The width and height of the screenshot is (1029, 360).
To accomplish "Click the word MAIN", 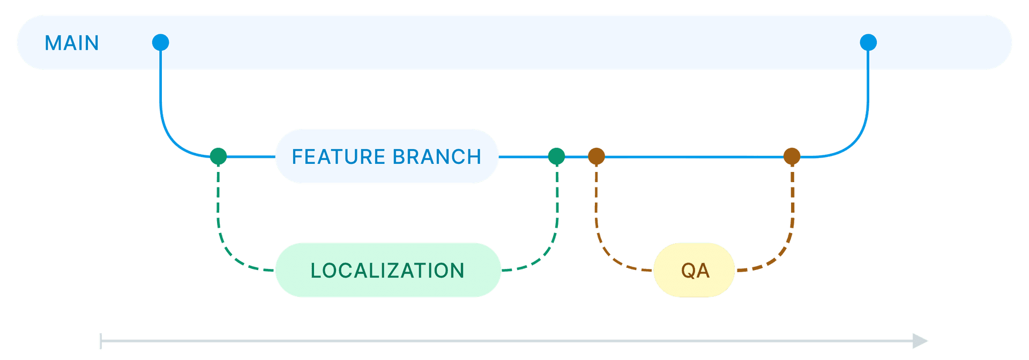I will tap(72, 43).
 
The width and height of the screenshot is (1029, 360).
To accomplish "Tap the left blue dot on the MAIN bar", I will tap(160, 42).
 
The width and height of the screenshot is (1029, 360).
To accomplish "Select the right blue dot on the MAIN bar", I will tap(868, 42).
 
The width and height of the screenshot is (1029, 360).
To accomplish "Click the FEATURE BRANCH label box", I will tap(386, 156).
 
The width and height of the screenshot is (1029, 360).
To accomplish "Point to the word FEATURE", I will tap(338, 157).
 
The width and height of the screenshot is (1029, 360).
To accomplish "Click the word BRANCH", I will tap(437, 157).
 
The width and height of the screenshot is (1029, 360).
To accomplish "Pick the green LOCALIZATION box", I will tap(387, 270).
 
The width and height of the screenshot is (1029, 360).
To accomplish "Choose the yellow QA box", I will tap(695, 270).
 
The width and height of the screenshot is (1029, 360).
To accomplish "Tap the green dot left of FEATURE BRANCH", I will tap(218, 156).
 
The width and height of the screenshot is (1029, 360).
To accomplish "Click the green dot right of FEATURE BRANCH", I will tap(556, 156).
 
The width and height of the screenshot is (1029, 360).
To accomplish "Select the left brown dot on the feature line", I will tap(596, 156).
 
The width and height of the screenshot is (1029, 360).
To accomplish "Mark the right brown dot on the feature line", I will tap(792, 156).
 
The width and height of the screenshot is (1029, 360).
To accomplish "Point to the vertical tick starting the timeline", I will tap(101, 341).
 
